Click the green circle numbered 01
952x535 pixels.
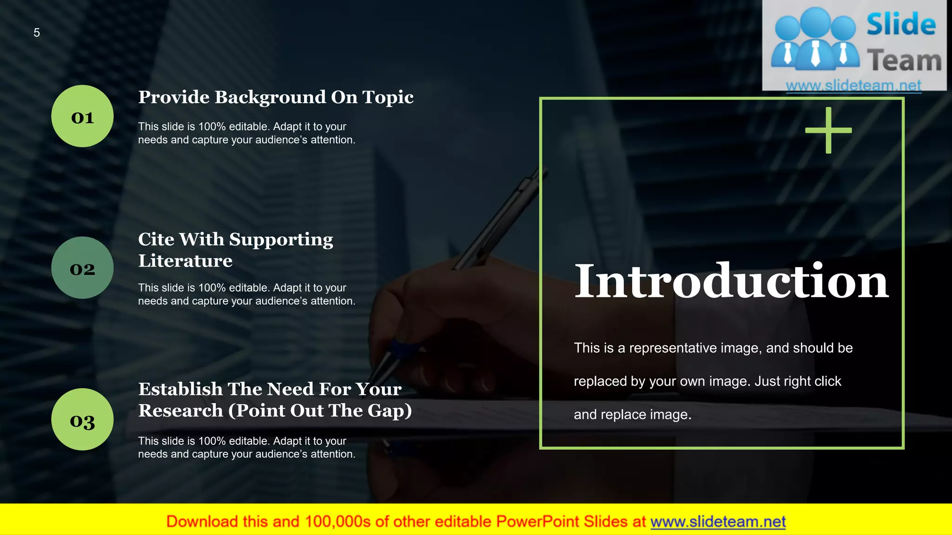(82, 116)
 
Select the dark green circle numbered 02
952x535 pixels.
(82, 267)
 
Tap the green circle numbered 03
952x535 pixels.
(82, 419)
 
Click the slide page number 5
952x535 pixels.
(37, 33)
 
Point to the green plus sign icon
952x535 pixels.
(828, 130)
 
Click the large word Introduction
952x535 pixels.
(731, 281)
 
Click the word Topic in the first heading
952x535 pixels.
(388, 98)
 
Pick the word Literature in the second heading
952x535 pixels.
(185, 261)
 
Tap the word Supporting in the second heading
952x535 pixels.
(281, 240)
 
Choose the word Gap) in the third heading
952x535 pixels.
(390, 411)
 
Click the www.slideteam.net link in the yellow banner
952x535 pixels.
(718, 522)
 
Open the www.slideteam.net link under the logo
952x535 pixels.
(853, 85)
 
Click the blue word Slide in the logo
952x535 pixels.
(901, 25)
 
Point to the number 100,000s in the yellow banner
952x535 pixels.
(337, 522)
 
